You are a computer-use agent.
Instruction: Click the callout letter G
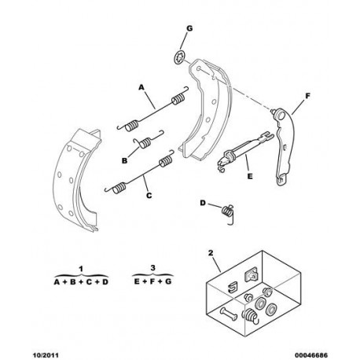tap(189, 28)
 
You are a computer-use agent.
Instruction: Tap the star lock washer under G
tap(179, 57)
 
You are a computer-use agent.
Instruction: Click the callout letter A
tap(141, 87)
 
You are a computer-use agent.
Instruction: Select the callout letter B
tap(125, 160)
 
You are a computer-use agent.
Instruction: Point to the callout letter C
tap(149, 195)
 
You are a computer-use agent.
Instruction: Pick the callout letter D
tap(203, 203)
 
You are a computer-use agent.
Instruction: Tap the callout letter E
tap(250, 176)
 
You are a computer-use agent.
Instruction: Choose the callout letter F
tap(307, 96)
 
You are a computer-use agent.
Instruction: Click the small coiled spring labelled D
tap(228, 212)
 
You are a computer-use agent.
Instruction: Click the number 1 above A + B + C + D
tap(81, 269)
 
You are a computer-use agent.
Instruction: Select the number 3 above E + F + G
tap(153, 268)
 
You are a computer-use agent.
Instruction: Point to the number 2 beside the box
tap(211, 253)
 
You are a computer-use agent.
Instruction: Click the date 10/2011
tap(46, 355)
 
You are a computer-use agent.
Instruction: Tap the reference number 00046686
tap(311, 355)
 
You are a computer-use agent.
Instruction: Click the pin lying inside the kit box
tap(229, 314)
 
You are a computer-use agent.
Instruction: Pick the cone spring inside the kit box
tap(250, 317)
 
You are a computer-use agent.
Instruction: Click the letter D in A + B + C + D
tap(105, 282)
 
